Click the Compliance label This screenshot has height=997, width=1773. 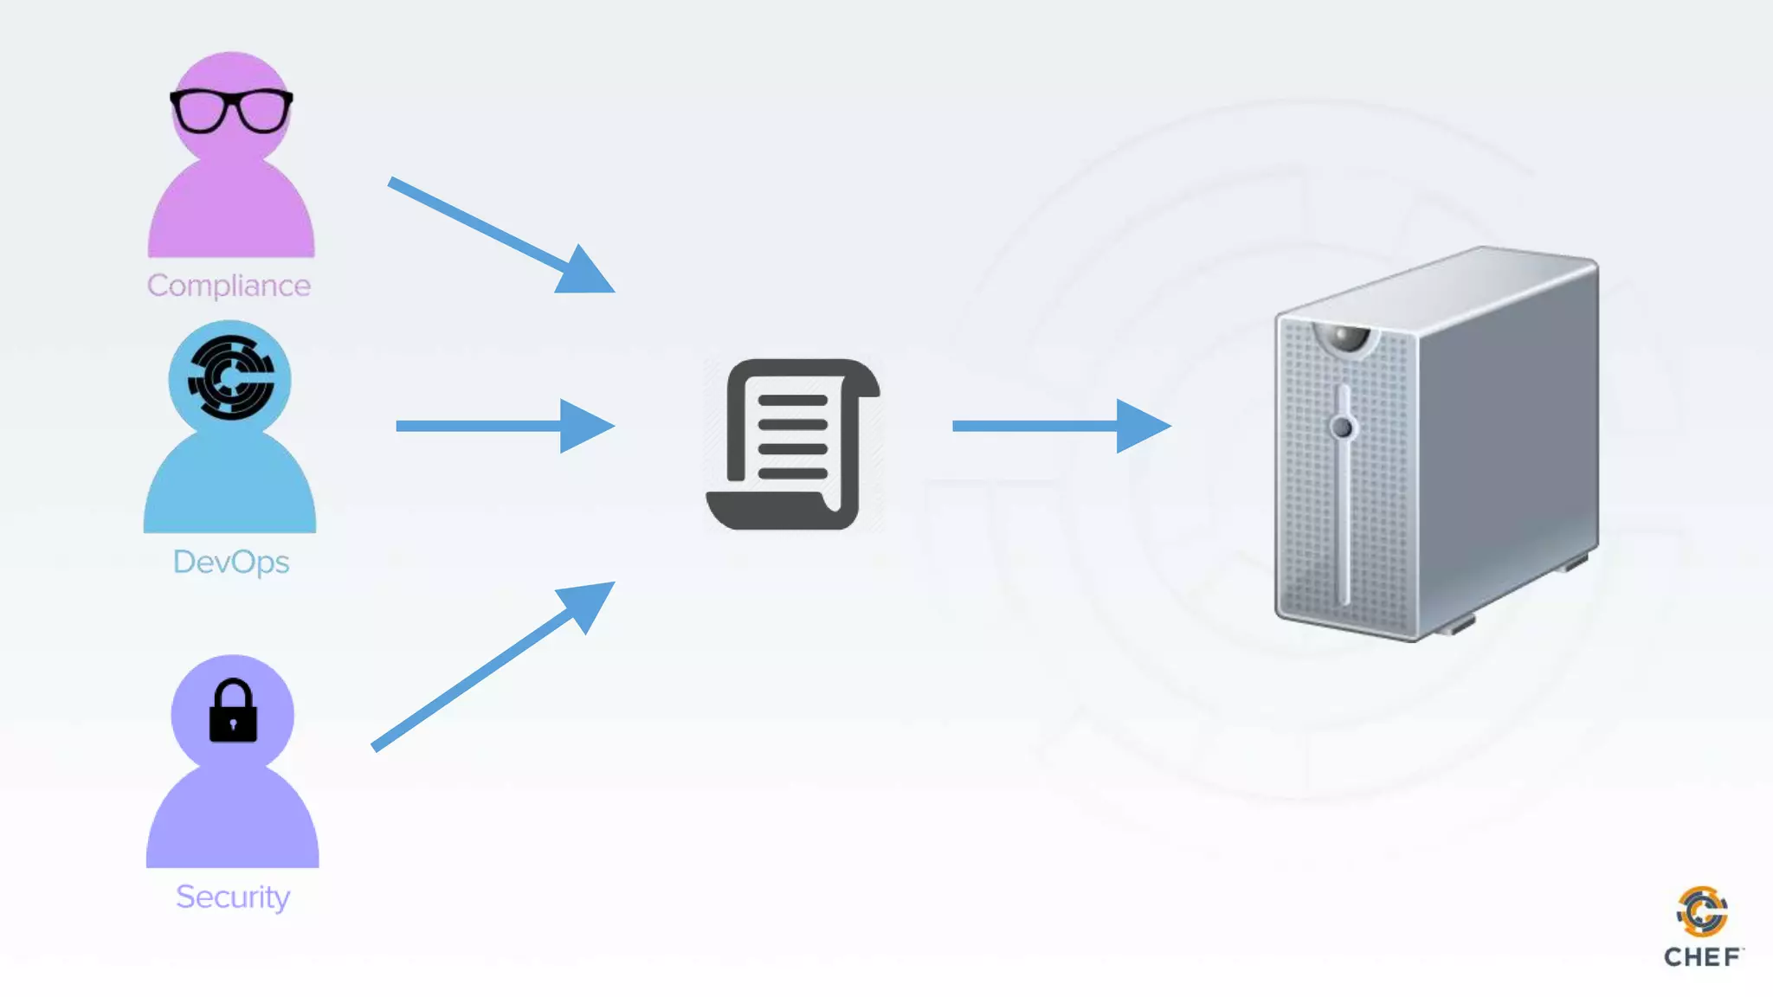(x=229, y=286)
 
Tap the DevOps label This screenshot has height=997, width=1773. (x=231, y=563)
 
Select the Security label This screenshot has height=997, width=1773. (x=232, y=897)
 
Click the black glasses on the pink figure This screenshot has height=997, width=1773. (x=231, y=110)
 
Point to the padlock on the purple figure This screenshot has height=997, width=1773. (x=233, y=711)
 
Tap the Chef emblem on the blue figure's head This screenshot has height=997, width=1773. (x=230, y=377)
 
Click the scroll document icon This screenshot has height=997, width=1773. (x=793, y=444)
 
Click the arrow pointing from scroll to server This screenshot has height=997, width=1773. (x=1061, y=426)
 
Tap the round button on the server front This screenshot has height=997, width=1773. (x=1343, y=427)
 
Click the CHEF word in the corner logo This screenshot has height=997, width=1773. (x=1701, y=957)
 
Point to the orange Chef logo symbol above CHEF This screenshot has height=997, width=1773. (x=1702, y=911)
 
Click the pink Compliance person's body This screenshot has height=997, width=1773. (x=231, y=212)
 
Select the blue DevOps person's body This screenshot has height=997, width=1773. (x=230, y=485)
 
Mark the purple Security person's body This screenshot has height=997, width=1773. (x=232, y=818)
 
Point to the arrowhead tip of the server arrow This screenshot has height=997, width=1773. (x=1169, y=426)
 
